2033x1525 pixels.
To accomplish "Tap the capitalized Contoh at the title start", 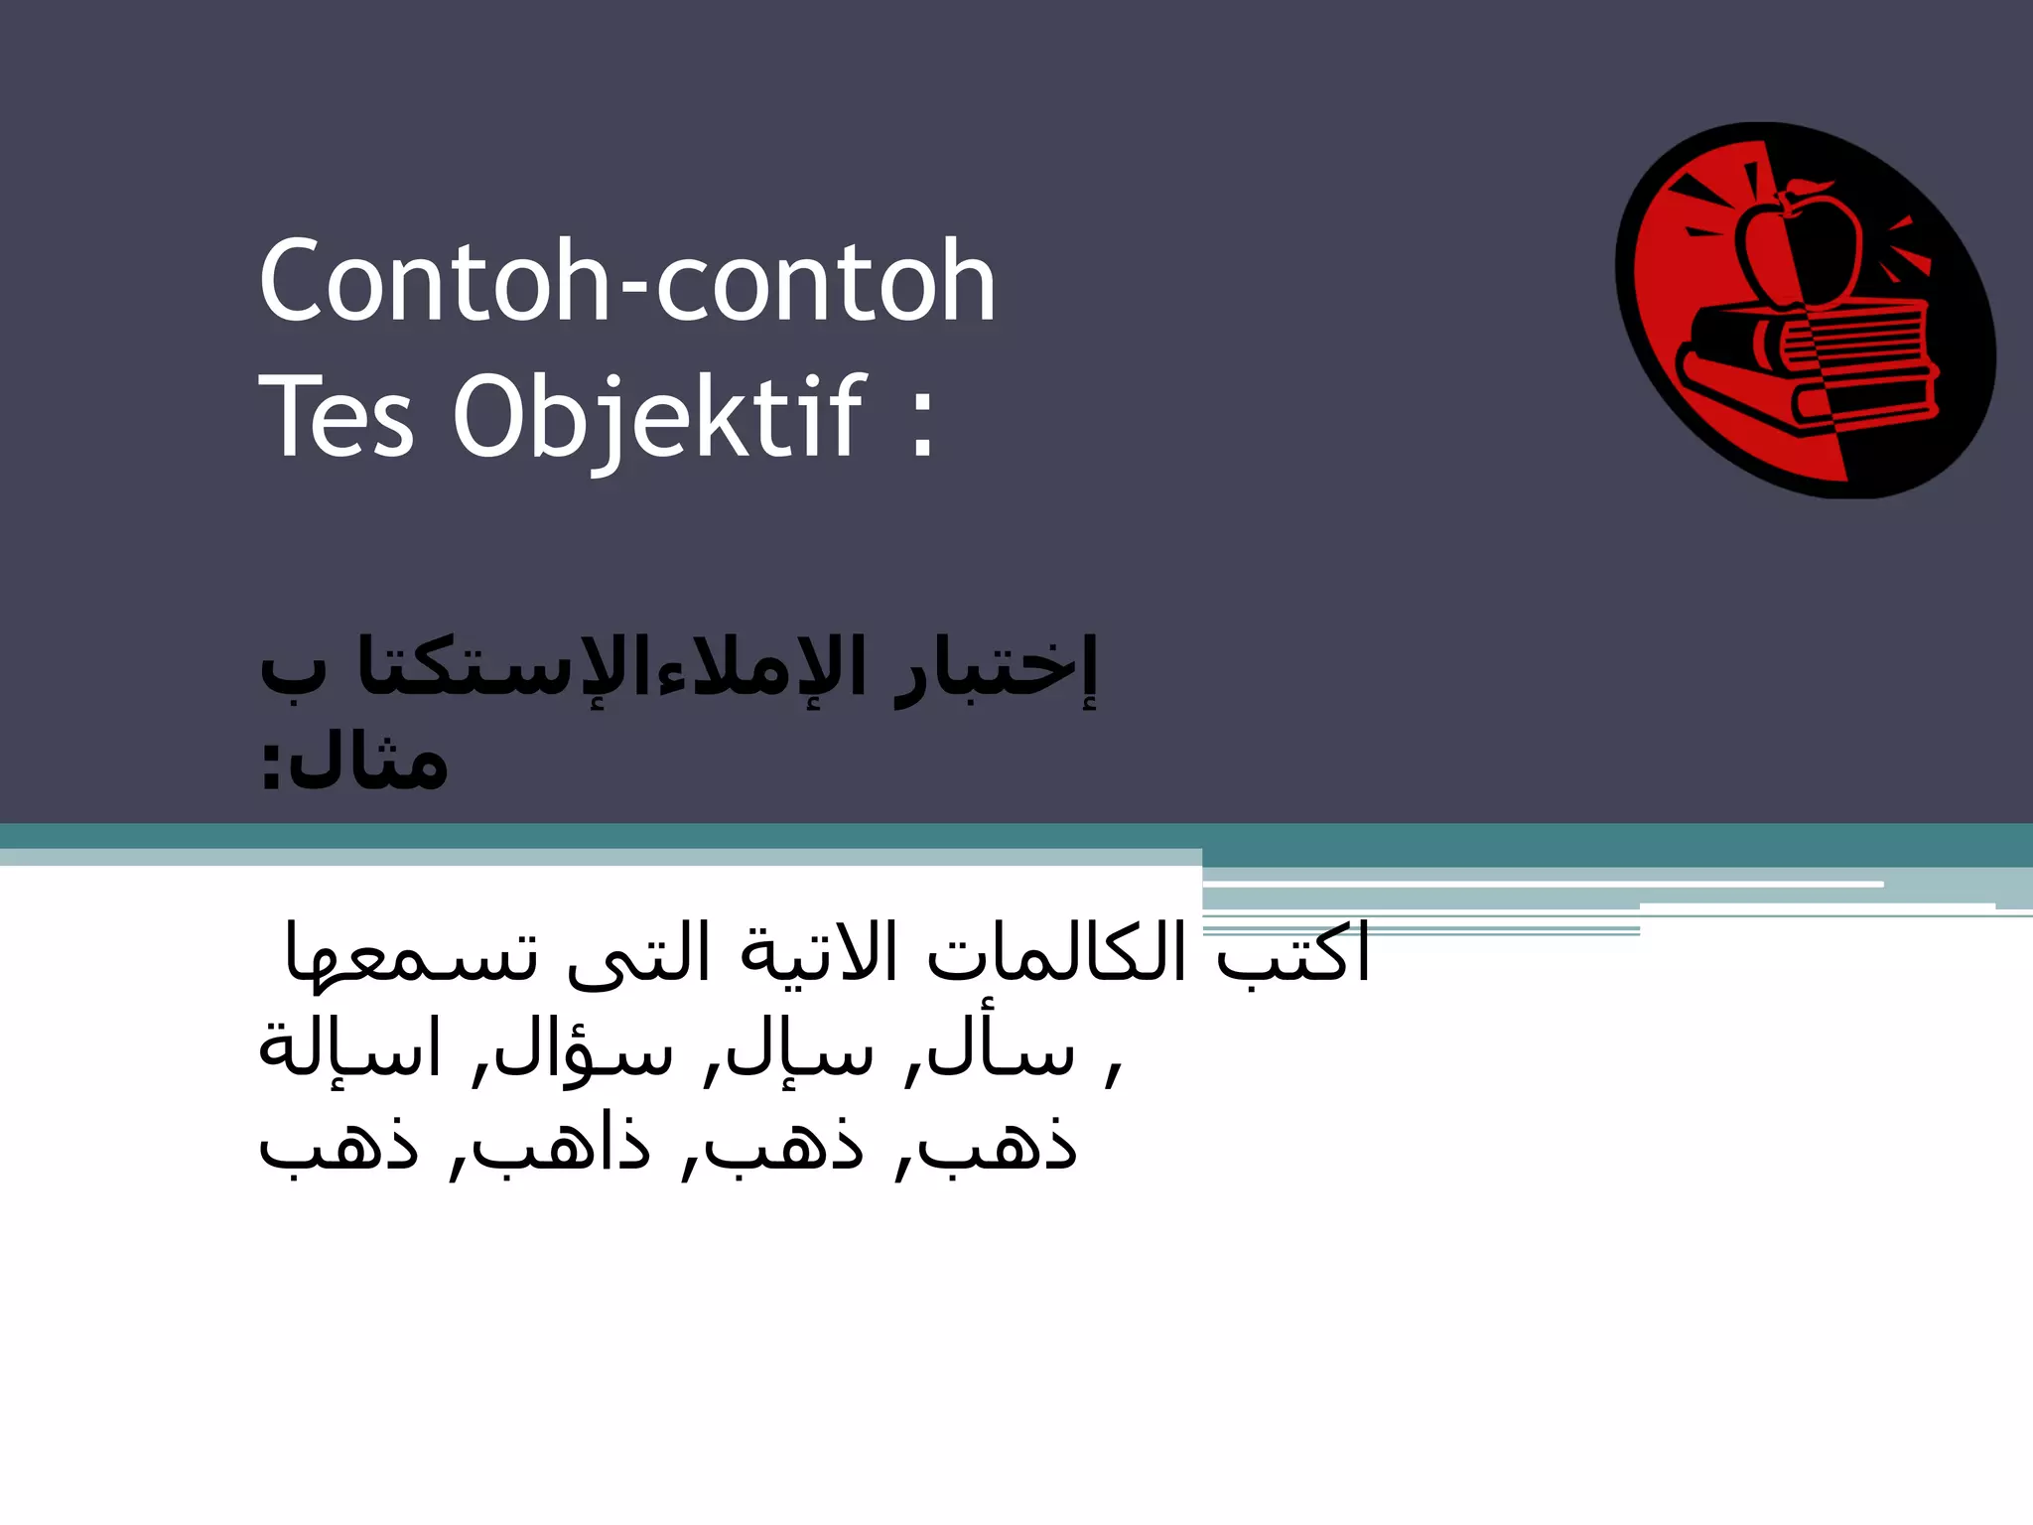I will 433,282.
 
